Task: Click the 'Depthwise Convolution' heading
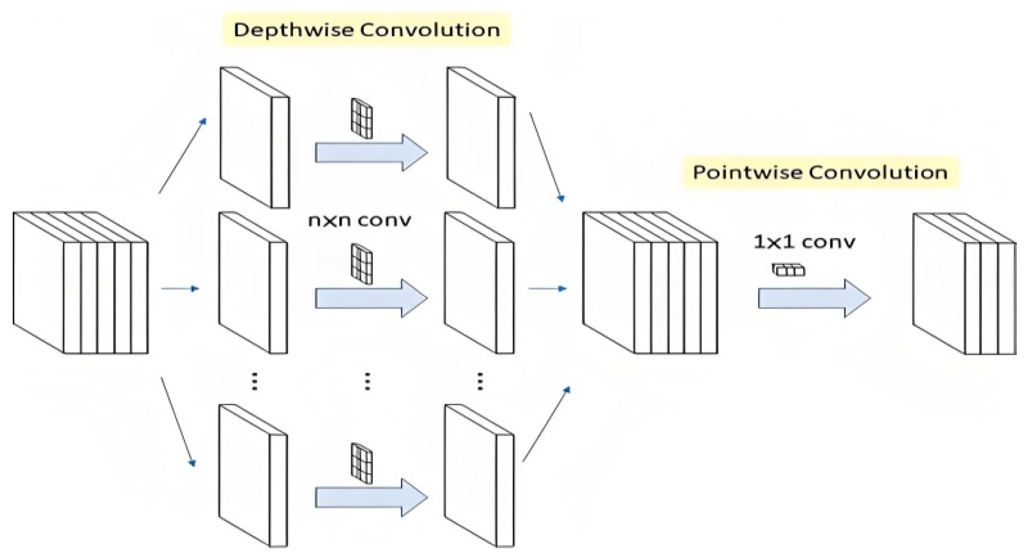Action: click(367, 30)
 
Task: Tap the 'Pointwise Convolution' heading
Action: click(820, 173)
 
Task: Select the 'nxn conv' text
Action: click(359, 220)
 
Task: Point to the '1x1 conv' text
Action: click(804, 242)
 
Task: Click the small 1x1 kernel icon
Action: click(789, 270)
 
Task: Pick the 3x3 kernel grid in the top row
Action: click(361, 118)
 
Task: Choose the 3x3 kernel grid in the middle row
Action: click(361, 263)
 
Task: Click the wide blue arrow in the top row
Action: click(371, 153)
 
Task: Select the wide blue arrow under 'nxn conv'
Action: click(371, 298)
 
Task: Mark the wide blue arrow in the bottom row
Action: click(371, 498)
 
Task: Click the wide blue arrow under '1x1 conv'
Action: click(814, 298)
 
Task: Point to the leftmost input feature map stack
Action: click(80, 283)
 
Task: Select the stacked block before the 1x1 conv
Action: click(650, 283)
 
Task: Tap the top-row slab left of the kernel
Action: click(254, 138)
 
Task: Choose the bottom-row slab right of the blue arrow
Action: click(480, 476)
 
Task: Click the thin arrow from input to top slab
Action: click(183, 156)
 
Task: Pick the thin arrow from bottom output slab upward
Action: click(547, 424)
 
